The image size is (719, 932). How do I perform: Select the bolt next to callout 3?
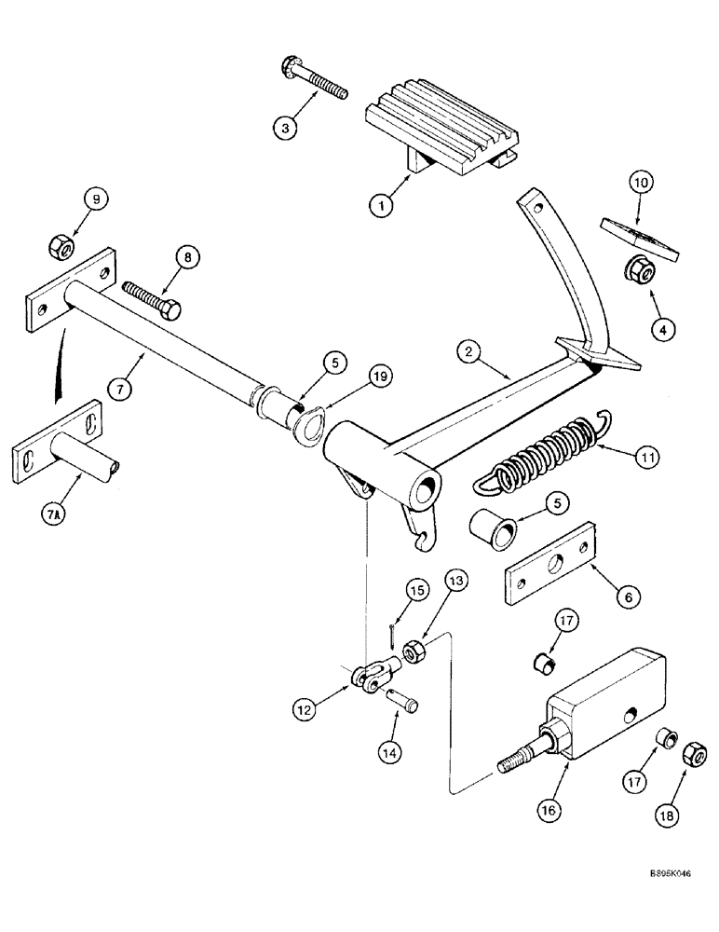click(x=313, y=78)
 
